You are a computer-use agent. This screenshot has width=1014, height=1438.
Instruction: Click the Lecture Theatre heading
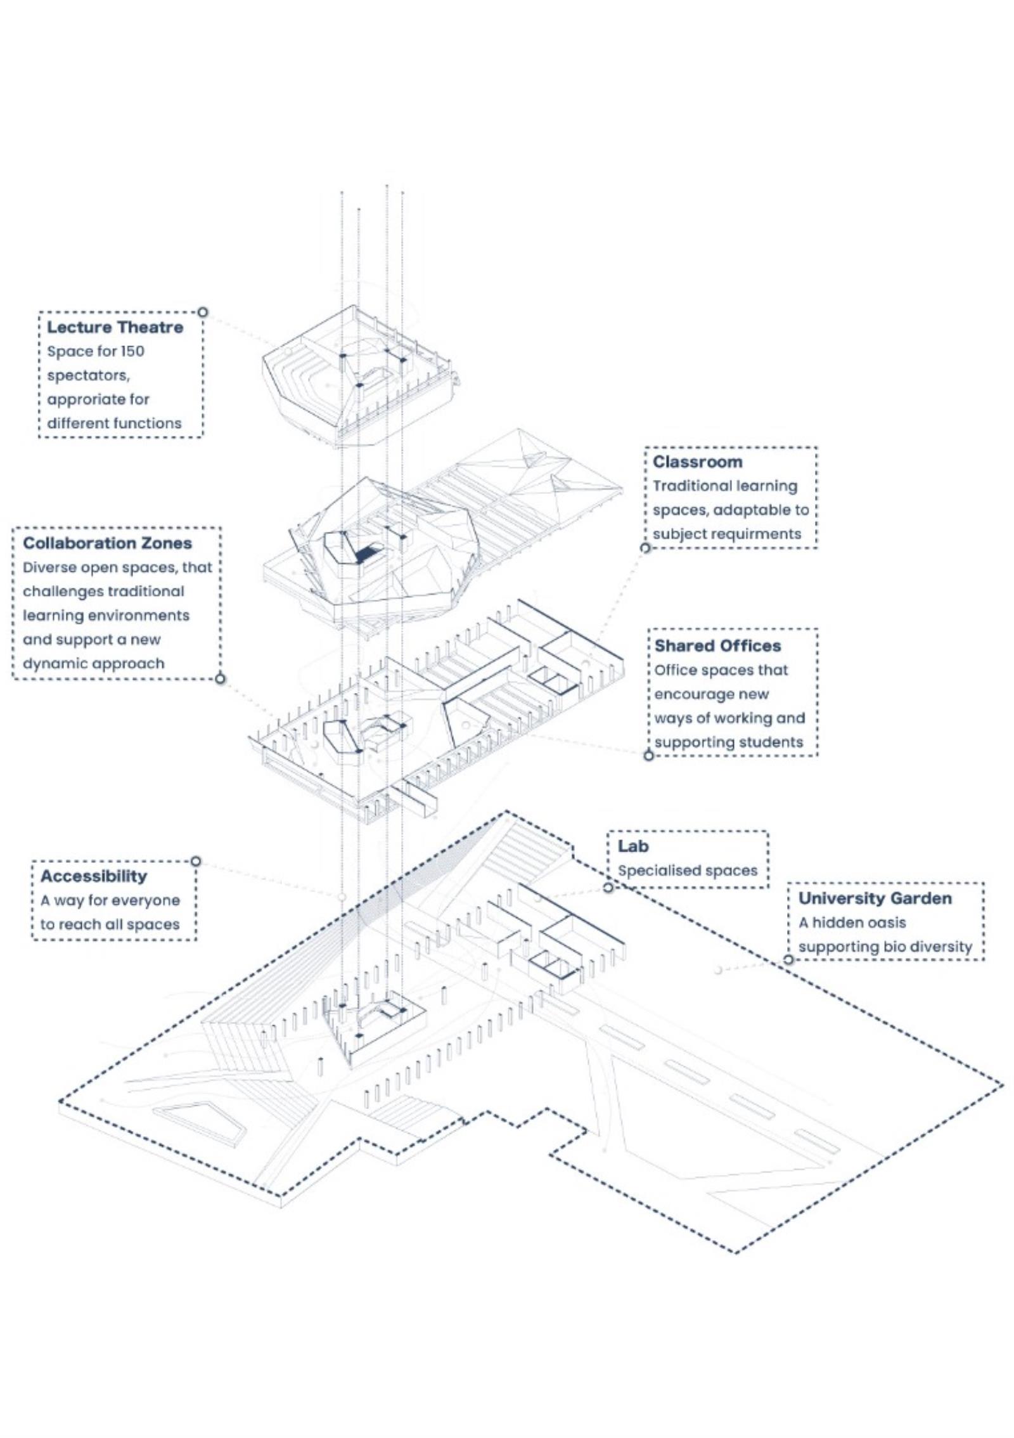click(115, 327)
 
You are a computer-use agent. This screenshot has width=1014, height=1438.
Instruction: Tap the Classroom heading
click(697, 462)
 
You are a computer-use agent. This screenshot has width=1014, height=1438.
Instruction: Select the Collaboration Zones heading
click(107, 543)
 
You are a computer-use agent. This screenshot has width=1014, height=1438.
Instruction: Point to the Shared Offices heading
click(717, 645)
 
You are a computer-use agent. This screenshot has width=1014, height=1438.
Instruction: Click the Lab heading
click(633, 846)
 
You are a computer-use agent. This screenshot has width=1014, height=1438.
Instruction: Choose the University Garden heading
click(875, 898)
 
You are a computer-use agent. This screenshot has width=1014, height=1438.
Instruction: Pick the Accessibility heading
click(93, 876)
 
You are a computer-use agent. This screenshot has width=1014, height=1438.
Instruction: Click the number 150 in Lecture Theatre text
click(133, 351)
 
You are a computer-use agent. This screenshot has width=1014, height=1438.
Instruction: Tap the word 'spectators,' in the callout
click(88, 375)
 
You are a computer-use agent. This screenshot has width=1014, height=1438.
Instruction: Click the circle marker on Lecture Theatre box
click(202, 312)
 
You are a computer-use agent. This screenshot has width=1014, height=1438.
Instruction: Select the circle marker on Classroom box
click(645, 548)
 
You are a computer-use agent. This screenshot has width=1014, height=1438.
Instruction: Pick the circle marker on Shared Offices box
click(648, 755)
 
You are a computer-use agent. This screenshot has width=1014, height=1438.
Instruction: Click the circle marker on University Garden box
click(788, 959)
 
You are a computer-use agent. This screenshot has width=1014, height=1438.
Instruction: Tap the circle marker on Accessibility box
click(196, 861)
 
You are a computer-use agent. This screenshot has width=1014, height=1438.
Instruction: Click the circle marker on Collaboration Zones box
click(220, 679)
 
